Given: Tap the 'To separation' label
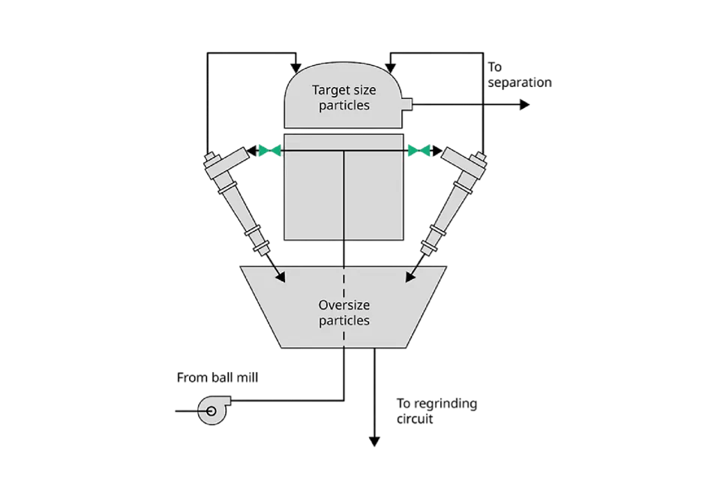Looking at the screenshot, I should tap(518, 75).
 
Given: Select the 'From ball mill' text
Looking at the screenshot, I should tap(217, 378).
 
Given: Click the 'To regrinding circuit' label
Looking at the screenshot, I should tap(436, 411).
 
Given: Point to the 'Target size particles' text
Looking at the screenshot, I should tap(344, 97).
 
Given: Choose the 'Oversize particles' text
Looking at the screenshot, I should tap(344, 313).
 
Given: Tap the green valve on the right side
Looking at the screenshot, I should tap(419, 151).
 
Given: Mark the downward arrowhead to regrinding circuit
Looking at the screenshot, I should tap(373, 441).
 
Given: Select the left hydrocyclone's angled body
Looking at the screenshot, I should tap(238, 199).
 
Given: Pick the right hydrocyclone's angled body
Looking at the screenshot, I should tap(451, 199).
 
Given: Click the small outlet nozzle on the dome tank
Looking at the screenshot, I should tap(408, 105).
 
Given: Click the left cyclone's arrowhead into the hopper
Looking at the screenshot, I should tap(281, 277).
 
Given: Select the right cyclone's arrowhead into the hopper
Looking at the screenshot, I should tap(409, 277).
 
